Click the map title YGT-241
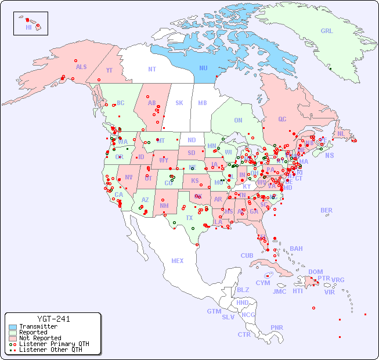[53, 319]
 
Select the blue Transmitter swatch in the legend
[13, 327]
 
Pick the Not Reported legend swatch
[13, 338]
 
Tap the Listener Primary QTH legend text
[53, 344]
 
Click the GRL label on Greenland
[327, 31]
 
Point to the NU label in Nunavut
[203, 68]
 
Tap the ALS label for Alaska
[81, 67]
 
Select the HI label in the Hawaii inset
[28, 27]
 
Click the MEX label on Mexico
[178, 261]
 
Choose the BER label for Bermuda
[327, 210]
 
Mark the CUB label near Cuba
[247, 255]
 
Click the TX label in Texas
[189, 218]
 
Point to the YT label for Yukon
[109, 70]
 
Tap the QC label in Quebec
[282, 119]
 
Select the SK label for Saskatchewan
[179, 103]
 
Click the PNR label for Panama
[277, 327]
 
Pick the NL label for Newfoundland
[341, 134]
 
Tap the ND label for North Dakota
[192, 140]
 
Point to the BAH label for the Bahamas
[296, 249]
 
